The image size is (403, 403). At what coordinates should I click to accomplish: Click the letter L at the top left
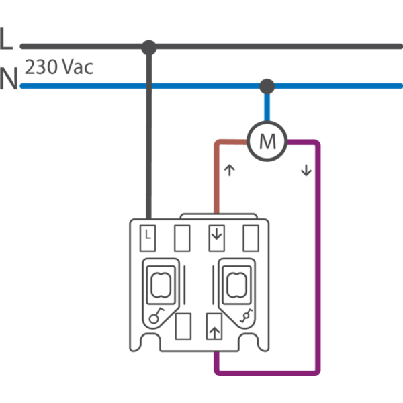7,40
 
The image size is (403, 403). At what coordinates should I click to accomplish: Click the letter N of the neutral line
9,79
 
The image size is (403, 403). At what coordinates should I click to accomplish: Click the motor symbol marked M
267,140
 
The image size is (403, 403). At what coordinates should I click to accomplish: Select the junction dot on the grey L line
148,46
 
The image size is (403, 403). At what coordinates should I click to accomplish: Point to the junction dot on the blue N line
267,85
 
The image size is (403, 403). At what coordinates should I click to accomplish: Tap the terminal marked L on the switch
149,237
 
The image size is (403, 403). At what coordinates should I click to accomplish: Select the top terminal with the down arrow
216,237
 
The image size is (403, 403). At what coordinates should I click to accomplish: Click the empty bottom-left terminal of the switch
181,327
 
